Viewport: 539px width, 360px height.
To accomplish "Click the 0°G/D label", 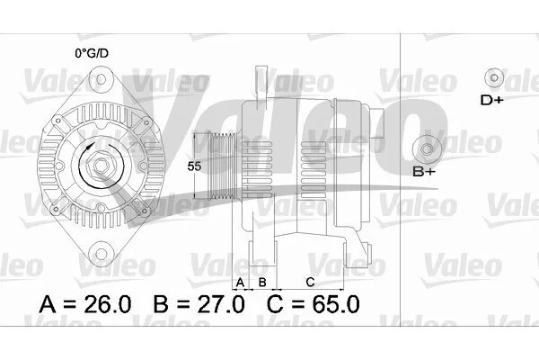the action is click(92, 53).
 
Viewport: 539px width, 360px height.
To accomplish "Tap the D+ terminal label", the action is click(491, 100).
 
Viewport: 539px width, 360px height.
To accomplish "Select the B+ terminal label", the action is click(424, 172).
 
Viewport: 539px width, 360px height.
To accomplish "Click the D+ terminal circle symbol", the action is click(494, 78).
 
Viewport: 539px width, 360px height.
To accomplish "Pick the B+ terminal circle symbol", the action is click(427, 149).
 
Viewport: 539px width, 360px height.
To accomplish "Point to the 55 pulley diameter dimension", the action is click(194, 166).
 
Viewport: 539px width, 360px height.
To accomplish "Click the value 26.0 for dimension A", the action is click(108, 304).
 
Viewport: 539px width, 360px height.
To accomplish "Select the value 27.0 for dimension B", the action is click(221, 304).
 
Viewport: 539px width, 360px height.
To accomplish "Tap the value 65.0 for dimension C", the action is click(336, 304).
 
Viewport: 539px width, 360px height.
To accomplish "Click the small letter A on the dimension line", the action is click(240, 283).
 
